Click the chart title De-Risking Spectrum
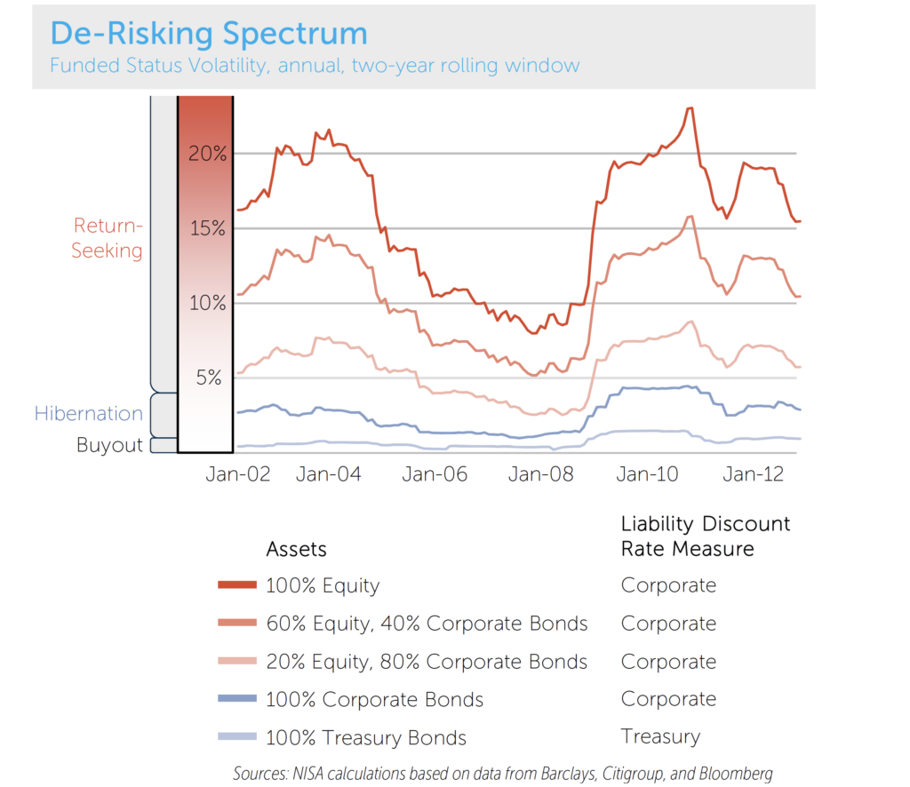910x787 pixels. pyautogui.click(x=208, y=34)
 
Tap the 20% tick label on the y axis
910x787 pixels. pyautogui.click(x=207, y=153)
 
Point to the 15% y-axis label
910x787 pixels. pyautogui.click(x=207, y=228)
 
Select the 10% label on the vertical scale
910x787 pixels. pyautogui.click(x=207, y=303)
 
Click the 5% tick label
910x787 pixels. pyautogui.click(x=210, y=378)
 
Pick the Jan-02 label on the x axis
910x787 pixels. pyautogui.click(x=238, y=474)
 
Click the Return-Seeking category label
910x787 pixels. pyautogui.click(x=107, y=238)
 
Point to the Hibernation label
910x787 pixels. pyautogui.click(x=89, y=414)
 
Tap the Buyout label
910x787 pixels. pyautogui.click(x=109, y=445)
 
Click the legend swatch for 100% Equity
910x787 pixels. pyautogui.click(x=237, y=585)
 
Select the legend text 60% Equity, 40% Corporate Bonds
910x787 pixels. pyautogui.click(x=427, y=624)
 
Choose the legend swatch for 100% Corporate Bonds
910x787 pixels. pyautogui.click(x=237, y=700)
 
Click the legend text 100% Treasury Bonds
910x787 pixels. pyautogui.click(x=366, y=738)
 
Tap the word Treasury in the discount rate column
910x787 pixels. pyautogui.click(x=660, y=736)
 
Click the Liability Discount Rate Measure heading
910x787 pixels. pyautogui.click(x=705, y=537)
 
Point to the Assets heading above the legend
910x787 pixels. pyautogui.click(x=297, y=549)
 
